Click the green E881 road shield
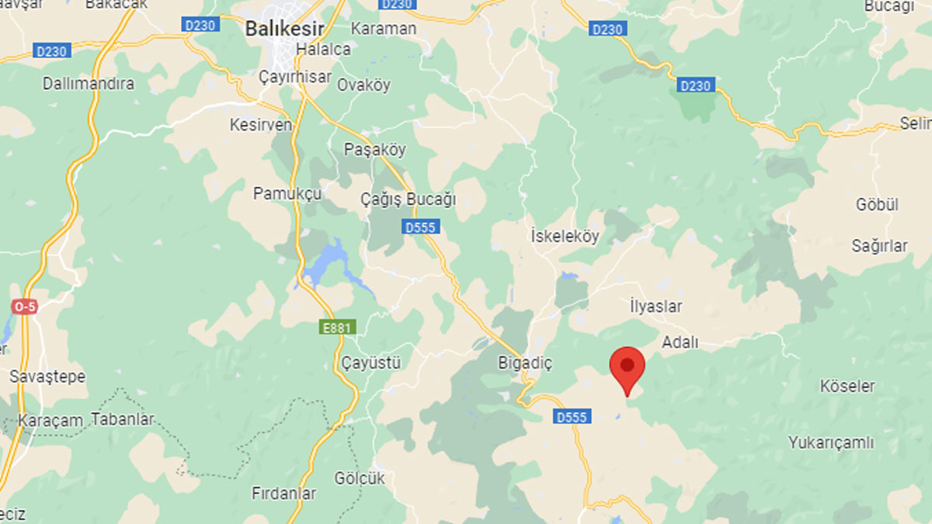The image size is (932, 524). [338, 328]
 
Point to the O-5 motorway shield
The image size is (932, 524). [23, 307]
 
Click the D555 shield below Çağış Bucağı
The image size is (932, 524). [421, 227]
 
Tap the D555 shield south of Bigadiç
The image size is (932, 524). [571, 417]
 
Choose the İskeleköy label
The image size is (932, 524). [565, 237]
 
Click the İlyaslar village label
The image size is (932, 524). [656, 306]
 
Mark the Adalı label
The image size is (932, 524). [680, 342]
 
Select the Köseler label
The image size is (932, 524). [847, 386]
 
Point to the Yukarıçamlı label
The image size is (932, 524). [831, 443]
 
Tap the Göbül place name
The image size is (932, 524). [877, 205]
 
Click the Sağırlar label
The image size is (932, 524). [879, 246]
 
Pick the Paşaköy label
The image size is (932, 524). [374, 150]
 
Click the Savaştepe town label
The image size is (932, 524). [47, 377]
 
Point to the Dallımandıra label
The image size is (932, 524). [88, 83]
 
